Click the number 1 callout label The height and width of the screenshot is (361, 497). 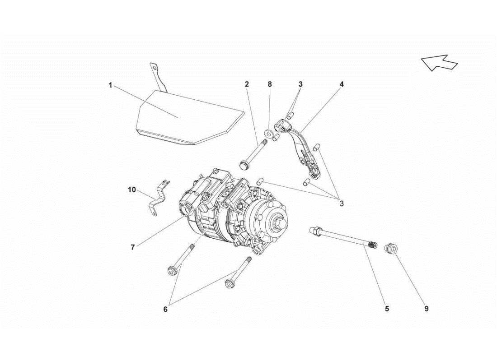[110, 85]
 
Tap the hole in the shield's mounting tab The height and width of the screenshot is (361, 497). [155, 69]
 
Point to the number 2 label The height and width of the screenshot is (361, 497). [247, 84]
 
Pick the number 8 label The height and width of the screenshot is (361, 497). [270, 84]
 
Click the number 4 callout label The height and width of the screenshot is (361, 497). [342, 84]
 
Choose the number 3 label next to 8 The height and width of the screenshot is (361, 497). [300, 84]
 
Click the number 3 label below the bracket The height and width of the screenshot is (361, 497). [342, 204]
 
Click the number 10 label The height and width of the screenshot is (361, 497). [131, 190]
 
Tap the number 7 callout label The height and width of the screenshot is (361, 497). [132, 247]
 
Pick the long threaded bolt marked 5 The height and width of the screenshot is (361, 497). [343, 238]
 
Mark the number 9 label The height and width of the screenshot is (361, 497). [426, 309]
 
